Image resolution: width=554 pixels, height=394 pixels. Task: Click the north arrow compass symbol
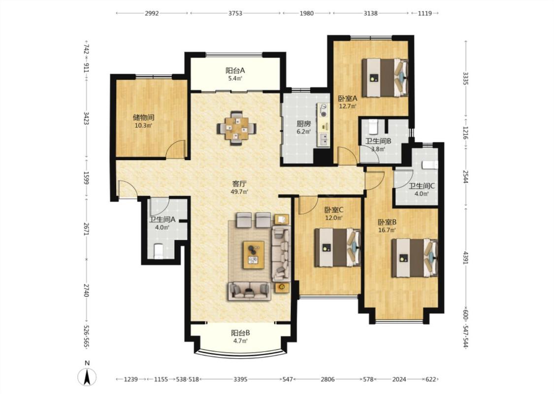[87, 377]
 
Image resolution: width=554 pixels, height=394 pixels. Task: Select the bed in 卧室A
[385, 78]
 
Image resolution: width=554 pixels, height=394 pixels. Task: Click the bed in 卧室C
[337, 247]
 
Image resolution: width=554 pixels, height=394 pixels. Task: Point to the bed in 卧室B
[415, 258]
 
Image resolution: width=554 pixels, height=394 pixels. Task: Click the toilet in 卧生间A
[158, 251]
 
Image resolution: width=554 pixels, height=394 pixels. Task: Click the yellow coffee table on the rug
[254, 255]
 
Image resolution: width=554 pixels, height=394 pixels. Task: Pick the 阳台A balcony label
[235, 70]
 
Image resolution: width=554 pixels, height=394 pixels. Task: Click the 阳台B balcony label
[241, 333]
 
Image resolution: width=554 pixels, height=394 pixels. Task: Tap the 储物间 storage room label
[143, 117]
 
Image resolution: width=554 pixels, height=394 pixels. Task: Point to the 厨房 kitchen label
[303, 124]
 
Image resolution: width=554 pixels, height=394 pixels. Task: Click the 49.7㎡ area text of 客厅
[239, 192]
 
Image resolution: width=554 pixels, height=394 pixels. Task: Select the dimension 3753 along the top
[235, 13]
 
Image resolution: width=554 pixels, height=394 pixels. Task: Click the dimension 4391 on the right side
[465, 258]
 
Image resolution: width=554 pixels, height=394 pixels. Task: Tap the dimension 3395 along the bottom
[240, 379]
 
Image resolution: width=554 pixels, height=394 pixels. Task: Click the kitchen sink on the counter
[324, 139]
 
